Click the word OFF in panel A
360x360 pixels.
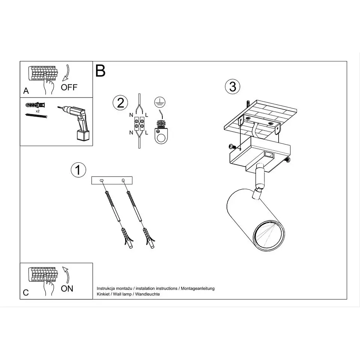coord(69,87)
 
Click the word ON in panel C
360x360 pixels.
coord(67,289)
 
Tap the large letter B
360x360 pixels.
coord(100,71)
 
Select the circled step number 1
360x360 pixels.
coord(78,170)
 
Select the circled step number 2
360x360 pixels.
coord(120,103)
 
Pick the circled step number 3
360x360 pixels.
coord(232,87)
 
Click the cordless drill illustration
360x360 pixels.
coord(75,123)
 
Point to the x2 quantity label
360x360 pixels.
coord(37,111)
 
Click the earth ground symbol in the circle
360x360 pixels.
coord(160,102)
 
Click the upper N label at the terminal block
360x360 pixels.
coord(131,115)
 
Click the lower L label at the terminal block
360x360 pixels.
coord(147,133)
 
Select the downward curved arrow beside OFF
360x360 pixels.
coord(67,73)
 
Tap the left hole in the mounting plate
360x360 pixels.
coord(102,181)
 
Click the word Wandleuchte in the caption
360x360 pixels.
coord(147,294)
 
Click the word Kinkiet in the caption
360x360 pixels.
coord(103,294)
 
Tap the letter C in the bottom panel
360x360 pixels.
coord(26,292)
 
